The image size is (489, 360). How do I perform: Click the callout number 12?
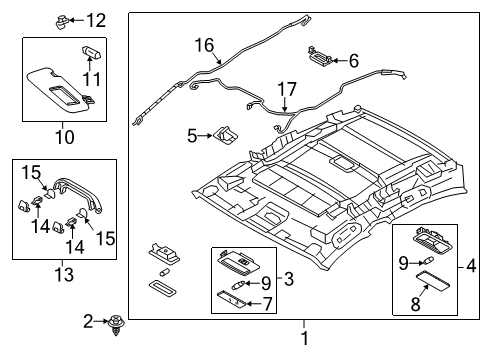pyautogui.click(x=96, y=21)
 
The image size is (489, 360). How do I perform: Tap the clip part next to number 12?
pyautogui.click(x=62, y=22)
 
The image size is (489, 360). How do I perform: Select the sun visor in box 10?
pyautogui.click(x=61, y=90)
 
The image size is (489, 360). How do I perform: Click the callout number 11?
pyautogui.click(x=91, y=79)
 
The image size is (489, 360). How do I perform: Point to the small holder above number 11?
pyautogui.click(x=91, y=52)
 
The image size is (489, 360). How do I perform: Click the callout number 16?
pyautogui.click(x=204, y=45)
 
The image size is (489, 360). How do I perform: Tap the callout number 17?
pyautogui.click(x=287, y=89)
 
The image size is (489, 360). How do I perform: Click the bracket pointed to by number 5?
pyautogui.click(x=225, y=135)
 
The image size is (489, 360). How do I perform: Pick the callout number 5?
pyautogui.click(x=192, y=136)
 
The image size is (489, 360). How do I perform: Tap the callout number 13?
pyautogui.click(x=64, y=275)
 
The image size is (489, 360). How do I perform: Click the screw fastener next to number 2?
pyautogui.click(x=116, y=324)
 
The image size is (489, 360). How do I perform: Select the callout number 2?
pyautogui.click(x=88, y=321)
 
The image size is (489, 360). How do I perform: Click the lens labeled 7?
pyautogui.click(x=231, y=299)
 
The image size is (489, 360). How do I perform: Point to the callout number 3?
pyautogui.click(x=289, y=279)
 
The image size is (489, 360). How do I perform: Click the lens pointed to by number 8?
pyautogui.click(x=433, y=281)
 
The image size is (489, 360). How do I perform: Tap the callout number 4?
pyautogui.click(x=471, y=266)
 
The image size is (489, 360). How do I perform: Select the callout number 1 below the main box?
pyautogui.click(x=305, y=338)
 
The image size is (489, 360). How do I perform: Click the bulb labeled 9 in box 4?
pyautogui.click(x=428, y=260)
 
